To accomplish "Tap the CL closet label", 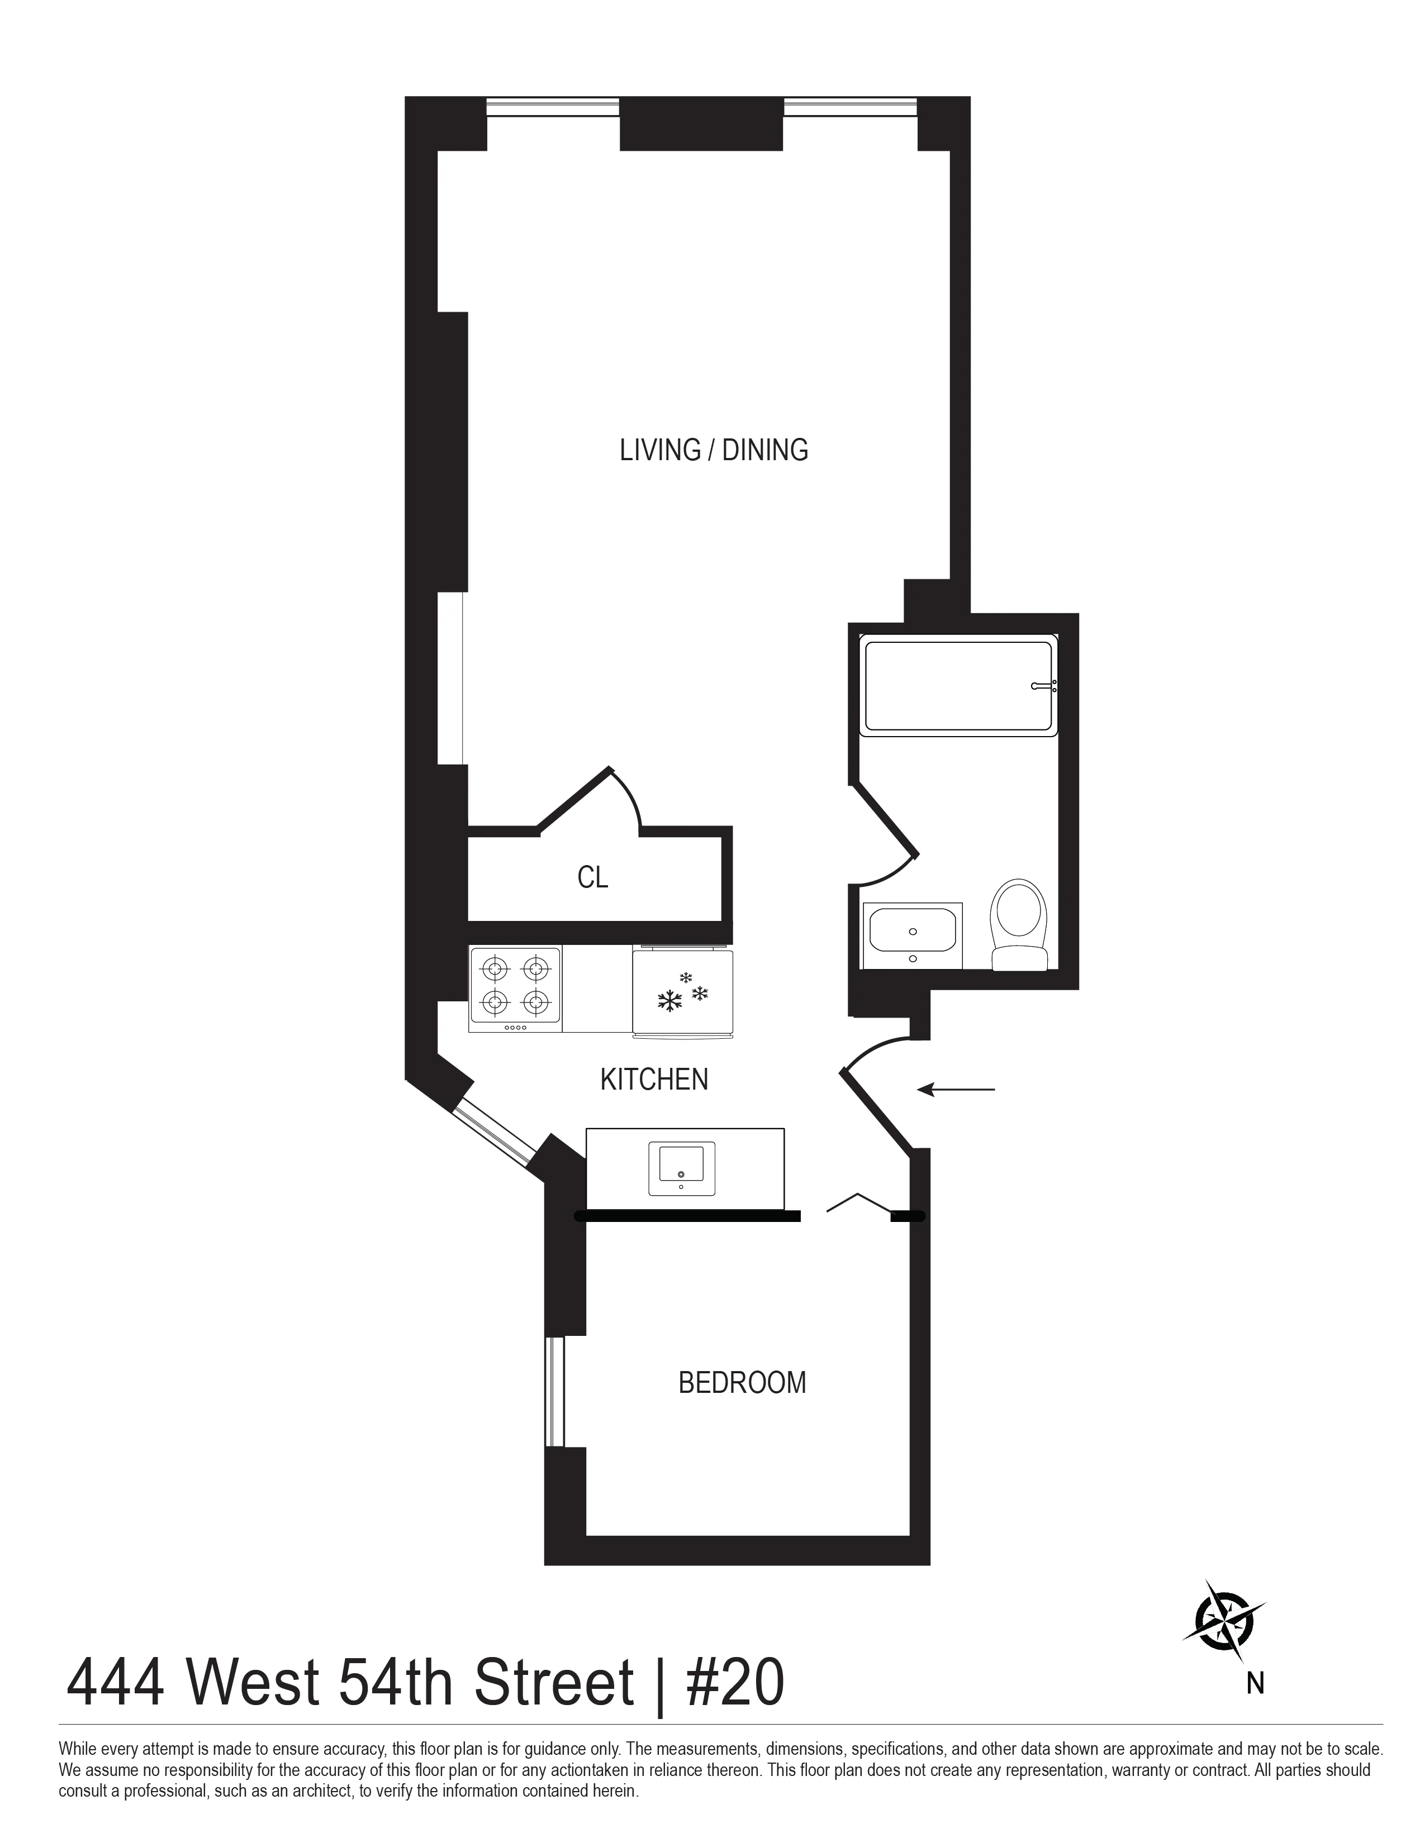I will click(x=592, y=877).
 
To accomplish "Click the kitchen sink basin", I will click(x=681, y=1168).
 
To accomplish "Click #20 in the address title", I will click(x=734, y=1683).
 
